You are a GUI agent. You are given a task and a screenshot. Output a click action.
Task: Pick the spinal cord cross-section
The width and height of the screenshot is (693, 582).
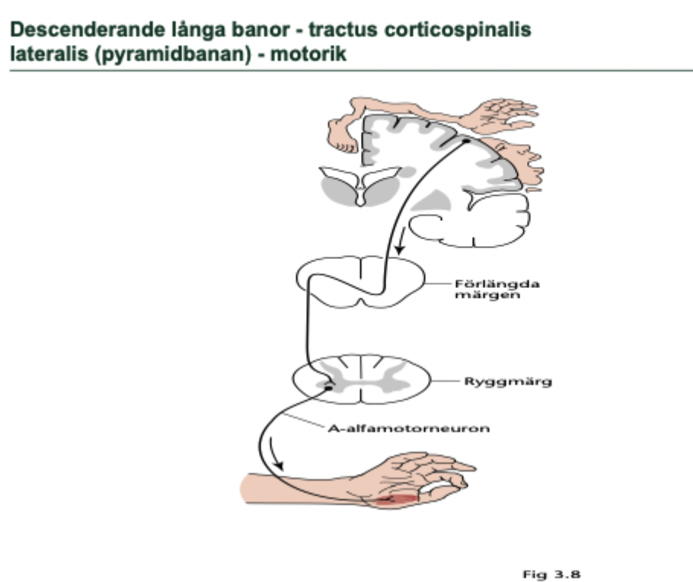click(362, 379)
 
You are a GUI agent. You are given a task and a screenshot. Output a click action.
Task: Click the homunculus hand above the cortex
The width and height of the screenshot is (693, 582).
click(503, 113)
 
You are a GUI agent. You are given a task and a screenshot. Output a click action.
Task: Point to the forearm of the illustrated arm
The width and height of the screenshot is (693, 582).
click(305, 488)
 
